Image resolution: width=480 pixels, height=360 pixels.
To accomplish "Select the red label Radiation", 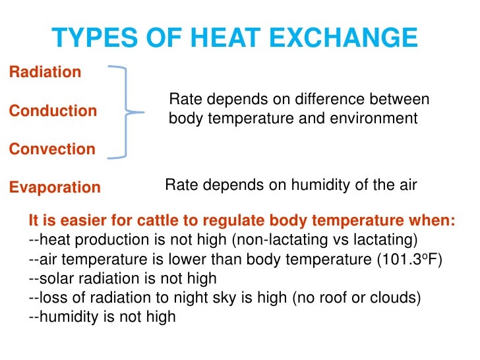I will [45, 73].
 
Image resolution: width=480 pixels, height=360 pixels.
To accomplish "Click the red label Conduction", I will [53, 111].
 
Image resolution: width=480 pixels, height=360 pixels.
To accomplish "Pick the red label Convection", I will [52, 149].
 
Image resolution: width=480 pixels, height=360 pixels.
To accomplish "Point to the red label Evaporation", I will [55, 187].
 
